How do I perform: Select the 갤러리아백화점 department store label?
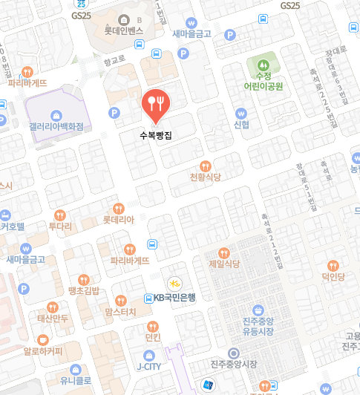[x=56, y=126]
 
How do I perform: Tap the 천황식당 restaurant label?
[x=206, y=177]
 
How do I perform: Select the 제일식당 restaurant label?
[x=224, y=264]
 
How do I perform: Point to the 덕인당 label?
[x=333, y=276]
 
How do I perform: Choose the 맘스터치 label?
[x=120, y=312]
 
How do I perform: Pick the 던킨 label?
[x=153, y=337]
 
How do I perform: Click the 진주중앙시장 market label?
[x=233, y=365]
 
